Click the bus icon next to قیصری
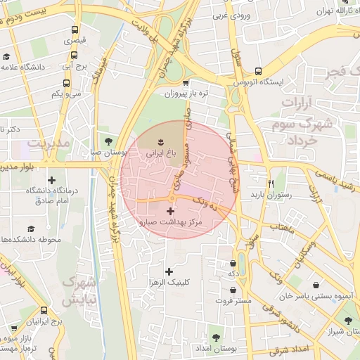point(75,30)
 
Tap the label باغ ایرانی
point(158,150)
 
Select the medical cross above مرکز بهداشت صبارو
point(170,210)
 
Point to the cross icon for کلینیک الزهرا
point(168,271)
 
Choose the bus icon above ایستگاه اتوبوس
point(259,71)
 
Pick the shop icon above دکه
point(233,263)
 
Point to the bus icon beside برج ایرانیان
point(44,310)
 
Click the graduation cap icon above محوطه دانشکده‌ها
point(30,229)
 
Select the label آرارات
point(301,103)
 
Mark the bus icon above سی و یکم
point(56,82)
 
